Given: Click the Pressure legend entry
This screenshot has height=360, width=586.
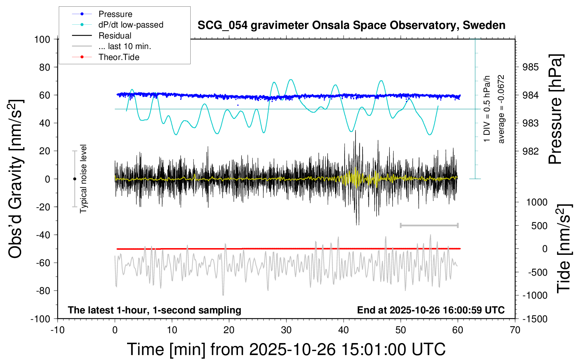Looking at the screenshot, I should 115,14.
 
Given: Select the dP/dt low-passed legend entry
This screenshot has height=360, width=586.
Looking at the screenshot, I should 131,25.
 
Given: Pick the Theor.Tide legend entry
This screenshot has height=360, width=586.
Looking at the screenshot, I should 119,57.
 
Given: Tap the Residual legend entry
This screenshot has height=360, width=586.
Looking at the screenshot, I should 115,36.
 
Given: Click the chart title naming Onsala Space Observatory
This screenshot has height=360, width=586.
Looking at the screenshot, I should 351,25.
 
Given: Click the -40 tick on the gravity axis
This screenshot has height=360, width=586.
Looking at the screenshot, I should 43,235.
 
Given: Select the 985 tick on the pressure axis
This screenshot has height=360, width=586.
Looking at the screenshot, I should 531,67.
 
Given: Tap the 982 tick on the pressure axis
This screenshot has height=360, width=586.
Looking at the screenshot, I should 531,151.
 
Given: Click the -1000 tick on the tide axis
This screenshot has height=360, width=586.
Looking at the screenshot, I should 535,295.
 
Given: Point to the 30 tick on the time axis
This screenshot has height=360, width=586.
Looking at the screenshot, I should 286,330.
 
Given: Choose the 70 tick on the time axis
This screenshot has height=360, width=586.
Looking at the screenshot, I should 515,330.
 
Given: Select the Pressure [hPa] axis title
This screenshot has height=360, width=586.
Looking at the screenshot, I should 555,109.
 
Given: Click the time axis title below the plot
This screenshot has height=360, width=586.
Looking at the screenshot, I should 286,349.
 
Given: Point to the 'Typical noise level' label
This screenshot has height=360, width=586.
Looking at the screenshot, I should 83,179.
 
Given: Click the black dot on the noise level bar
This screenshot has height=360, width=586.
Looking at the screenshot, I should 74,179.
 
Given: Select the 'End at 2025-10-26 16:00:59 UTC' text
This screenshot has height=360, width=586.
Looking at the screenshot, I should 431,310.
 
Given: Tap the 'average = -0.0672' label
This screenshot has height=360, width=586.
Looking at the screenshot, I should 501,109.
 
